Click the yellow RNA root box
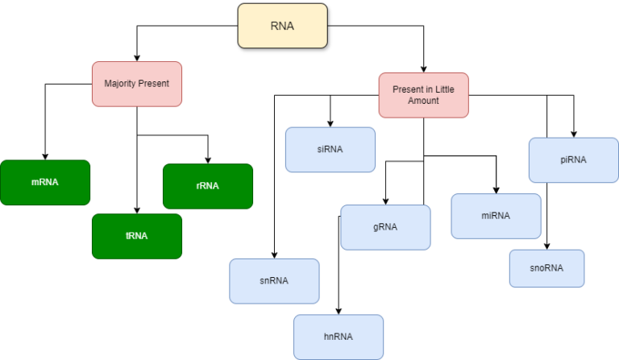pyautogui.click(x=283, y=26)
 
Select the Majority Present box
pyautogui.click(x=137, y=84)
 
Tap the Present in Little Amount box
pyautogui.click(x=424, y=95)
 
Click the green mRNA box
pyautogui.click(x=45, y=183)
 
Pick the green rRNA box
pyautogui.click(x=208, y=186)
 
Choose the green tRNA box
pyautogui.click(x=137, y=236)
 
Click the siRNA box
pyautogui.click(x=330, y=150)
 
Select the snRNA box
pyautogui.click(x=274, y=281)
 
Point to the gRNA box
pyautogui.click(x=385, y=227)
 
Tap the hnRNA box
pyautogui.click(x=339, y=337)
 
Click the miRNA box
pyautogui.click(x=496, y=216)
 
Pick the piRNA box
pyautogui.click(x=574, y=160)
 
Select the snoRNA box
pyautogui.click(x=546, y=268)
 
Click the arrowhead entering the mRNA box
pyautogui.click(x=45, y=157)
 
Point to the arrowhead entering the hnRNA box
pyautogui.click(x=339, y=312)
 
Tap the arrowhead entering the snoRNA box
pyautogui.click(x=546, y=246)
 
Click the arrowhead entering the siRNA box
pyautogui.click(x=330, y=124)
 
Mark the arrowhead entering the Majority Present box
pyautogui.click(x=137, y=58)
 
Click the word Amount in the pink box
pyautogui.click(x=423, y=101)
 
